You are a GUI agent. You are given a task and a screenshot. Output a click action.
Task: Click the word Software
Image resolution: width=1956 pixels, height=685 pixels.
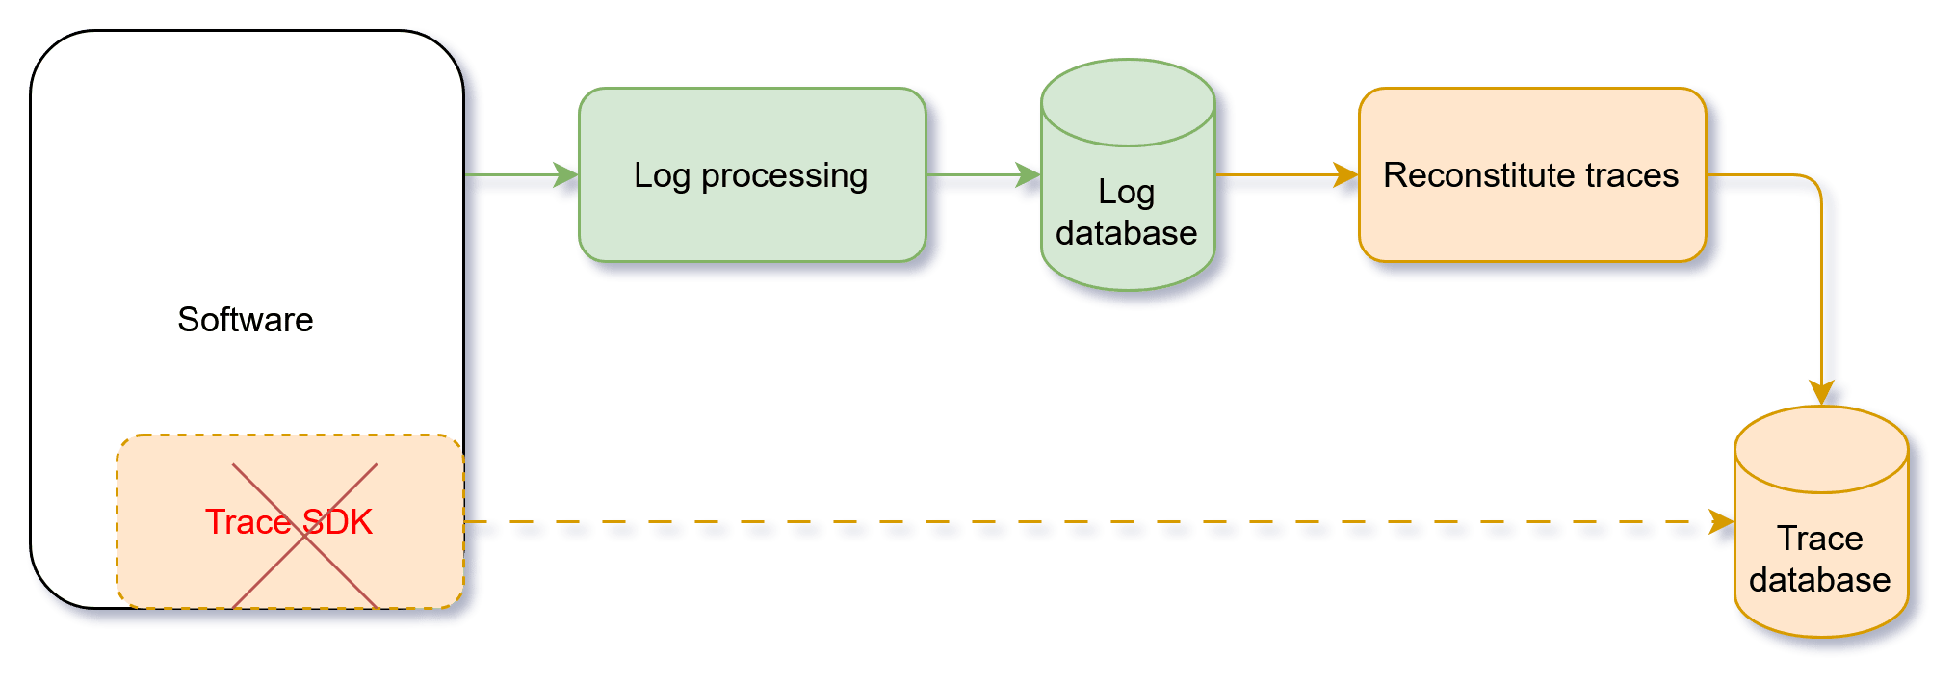246,320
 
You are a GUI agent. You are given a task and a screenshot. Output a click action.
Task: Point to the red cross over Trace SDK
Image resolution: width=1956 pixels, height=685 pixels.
304,536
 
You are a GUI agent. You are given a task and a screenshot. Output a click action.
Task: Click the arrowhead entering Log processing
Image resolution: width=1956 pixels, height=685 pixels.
566,175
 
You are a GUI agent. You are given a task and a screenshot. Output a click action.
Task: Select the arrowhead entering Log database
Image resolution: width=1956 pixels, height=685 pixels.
1029,175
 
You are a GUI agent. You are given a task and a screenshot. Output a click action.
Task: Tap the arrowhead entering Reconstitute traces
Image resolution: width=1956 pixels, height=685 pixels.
1345,175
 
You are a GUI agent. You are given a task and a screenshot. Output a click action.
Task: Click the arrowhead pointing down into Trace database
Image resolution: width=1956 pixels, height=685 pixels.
1821,391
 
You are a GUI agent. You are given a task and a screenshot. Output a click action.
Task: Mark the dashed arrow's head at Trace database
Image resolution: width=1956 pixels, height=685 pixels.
1721,522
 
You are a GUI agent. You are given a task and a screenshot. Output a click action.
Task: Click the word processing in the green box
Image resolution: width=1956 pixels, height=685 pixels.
784,176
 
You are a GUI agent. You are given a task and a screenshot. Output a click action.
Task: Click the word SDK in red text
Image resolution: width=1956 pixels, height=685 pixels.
337,522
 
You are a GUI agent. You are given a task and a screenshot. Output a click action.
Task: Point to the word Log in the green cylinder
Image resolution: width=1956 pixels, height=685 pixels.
1126,193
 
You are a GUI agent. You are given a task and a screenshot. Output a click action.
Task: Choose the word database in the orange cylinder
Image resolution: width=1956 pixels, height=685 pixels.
1820,580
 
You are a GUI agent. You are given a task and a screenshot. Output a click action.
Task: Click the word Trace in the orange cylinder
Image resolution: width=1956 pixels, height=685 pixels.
1820,539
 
